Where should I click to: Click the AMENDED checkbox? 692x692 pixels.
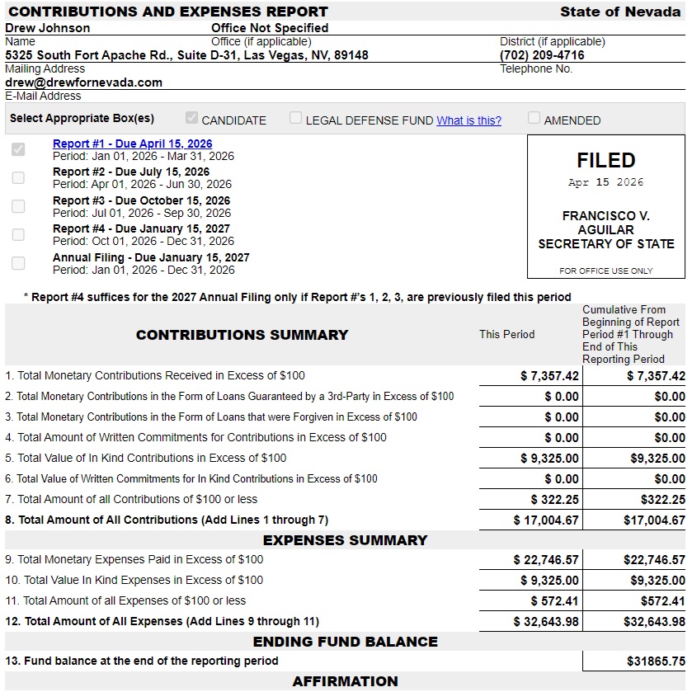pos(534,118)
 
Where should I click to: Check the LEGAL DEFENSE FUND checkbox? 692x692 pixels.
pos(295,118)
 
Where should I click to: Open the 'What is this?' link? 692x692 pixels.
pos(468,120)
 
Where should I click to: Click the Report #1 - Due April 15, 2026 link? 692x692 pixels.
pos(132,144)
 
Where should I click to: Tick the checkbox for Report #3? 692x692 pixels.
pos(18,206)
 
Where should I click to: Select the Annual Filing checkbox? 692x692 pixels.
pos(18,263)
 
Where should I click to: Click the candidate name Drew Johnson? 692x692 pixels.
pos(48,27)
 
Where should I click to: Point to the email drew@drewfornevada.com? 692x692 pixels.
pos(83,82)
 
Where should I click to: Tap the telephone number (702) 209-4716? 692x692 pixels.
pos(542,55)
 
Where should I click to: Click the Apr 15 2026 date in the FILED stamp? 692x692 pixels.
pos(605,182)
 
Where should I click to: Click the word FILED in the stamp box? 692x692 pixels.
pos(605,160)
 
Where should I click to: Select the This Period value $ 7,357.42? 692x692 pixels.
pos(549,376)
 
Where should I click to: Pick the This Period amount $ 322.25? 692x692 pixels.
pos(554,499)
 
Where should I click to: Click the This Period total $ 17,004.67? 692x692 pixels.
pos(546,520)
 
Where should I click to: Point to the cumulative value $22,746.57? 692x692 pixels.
pos(654,560)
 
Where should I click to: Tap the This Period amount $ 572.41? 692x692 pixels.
pos(554,601)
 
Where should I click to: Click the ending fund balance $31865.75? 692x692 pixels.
pos(656,661)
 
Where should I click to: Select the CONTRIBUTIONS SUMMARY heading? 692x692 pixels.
pos(242,335)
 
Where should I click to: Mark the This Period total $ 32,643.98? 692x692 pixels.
pos(546,622)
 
